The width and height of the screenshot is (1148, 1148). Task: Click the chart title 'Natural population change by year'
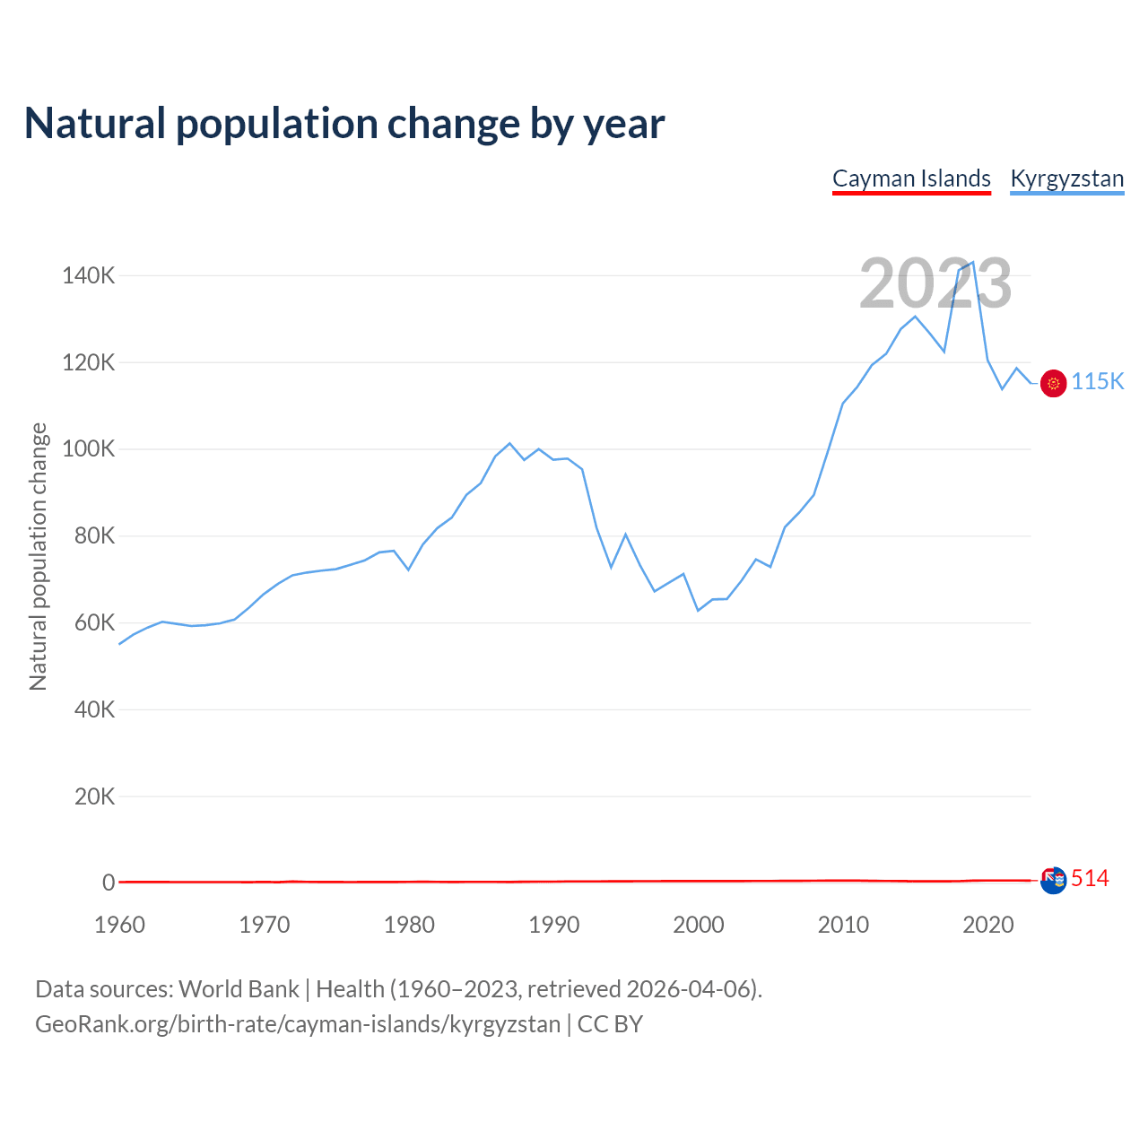tap(344, 124)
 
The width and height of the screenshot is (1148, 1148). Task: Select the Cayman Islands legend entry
tap(911, 178)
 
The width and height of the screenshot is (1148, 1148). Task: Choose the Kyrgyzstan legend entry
tap(1066, 178)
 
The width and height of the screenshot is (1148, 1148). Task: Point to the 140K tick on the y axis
tap(88, 275)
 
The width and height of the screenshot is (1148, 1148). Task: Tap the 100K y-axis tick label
tap(88, 448)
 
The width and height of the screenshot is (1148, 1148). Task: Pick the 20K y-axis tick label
tap(93, 796)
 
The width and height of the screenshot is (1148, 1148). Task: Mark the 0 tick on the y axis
tap(109, 883)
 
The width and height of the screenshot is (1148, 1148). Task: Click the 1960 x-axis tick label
tap(119, 925)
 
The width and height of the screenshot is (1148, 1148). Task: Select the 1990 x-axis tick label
tap(553, 925)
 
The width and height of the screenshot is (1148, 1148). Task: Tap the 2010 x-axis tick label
tap(843, 925)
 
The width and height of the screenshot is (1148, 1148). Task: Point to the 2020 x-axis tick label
tap(987, 925)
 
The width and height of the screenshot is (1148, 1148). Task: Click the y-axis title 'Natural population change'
tap(39, 556)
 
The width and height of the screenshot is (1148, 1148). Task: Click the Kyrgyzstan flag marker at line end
tap(1053, 383)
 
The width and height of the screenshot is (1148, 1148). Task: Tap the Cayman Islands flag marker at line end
tap(1053, 880)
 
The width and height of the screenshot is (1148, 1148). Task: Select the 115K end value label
tap(1098, 381)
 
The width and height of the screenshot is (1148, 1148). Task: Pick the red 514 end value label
tap(1090, 879)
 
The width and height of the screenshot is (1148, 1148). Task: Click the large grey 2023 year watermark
tap(935, 283)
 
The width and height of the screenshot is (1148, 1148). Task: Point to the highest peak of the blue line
tap(973, 262)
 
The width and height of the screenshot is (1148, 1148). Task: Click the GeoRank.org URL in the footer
tap(298, 1024)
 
